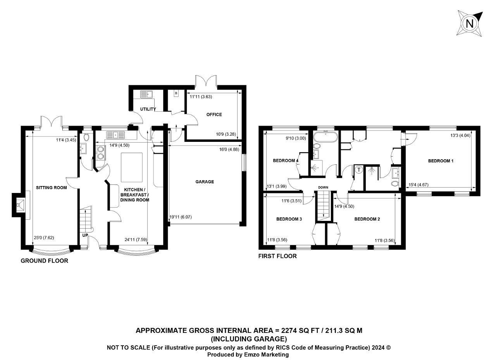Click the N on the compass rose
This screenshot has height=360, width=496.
469,24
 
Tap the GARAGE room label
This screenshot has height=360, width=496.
205,182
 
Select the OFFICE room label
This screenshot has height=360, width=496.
214,114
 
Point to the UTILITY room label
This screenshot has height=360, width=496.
148,109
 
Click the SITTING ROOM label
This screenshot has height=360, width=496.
52,188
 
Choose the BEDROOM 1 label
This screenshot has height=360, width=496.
441,161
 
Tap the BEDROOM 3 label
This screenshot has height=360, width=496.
289,219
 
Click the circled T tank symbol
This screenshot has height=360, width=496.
359,170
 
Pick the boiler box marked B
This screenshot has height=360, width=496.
176,93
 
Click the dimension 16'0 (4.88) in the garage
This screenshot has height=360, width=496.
229,150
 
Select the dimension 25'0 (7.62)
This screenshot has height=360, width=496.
44,238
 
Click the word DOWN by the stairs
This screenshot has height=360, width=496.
323,187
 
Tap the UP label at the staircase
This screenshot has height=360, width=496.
85,235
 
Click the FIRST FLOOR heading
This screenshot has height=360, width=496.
277,256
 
